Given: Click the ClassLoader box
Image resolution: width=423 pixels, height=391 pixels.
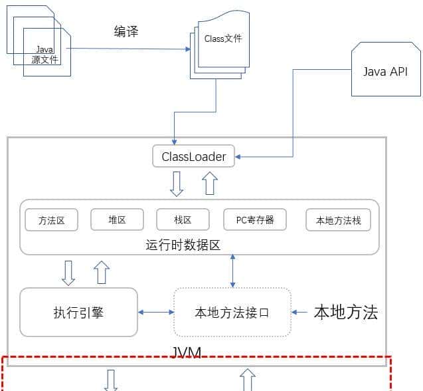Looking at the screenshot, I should point(194,158).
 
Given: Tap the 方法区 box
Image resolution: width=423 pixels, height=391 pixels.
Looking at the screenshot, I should point(51,220).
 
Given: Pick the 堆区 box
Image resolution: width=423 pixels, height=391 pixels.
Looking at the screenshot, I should point(117,220).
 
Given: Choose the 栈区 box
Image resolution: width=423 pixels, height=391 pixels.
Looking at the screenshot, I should point(183,220).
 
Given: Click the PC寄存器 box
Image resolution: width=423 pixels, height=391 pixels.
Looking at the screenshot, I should point(255,220).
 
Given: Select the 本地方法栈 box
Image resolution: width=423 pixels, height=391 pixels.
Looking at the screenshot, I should point(338,220).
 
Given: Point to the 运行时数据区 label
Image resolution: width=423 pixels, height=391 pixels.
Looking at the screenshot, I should point(183,245).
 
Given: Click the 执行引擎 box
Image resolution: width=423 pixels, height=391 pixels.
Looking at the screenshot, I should point(78,312).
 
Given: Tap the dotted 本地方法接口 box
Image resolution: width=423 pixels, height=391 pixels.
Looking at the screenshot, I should point(232,312).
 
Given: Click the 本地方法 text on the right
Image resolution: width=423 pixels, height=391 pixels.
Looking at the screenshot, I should point(345,312).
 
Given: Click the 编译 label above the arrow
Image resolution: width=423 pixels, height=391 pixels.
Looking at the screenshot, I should point(126,31).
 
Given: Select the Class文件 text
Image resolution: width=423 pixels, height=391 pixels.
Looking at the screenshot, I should point(223,39).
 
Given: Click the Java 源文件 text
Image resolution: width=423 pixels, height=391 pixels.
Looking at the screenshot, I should point(44,55).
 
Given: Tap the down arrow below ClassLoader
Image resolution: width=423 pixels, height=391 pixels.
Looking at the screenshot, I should point(177,184).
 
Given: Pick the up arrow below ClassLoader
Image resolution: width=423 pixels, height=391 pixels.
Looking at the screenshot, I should point(210,182).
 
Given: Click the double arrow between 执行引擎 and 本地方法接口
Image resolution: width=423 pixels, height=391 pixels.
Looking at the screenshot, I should point(155,312).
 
